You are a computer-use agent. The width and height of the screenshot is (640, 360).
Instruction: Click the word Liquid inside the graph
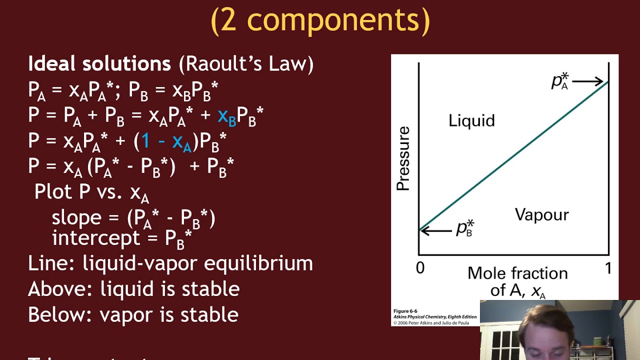tap(471, 121)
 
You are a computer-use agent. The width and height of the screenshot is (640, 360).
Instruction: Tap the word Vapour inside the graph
tap(541, 215)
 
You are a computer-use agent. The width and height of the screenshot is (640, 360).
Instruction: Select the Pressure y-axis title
tap(403, 158)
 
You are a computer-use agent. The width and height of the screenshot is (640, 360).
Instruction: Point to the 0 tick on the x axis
tap(420, 268)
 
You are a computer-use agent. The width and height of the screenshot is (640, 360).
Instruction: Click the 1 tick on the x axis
tap(608, 268)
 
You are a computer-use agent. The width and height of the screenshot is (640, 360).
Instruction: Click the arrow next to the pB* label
tap(436, 230)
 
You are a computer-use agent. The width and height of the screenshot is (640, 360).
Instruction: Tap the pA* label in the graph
tap(560, 81)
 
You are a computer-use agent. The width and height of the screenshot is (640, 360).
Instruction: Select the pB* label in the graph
tap(464, 228)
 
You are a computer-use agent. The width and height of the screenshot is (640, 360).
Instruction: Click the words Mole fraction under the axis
tap(517, 273)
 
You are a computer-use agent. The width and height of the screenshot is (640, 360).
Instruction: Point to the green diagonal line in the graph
tap(513, 155)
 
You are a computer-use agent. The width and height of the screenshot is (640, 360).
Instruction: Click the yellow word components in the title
tap(338, 20)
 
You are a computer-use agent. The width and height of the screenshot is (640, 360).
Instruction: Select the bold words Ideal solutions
tap(99, 64)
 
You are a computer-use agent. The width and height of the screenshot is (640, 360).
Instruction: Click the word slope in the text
tap(76, 217)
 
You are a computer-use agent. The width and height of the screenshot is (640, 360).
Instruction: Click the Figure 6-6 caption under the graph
tap(405, 311)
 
